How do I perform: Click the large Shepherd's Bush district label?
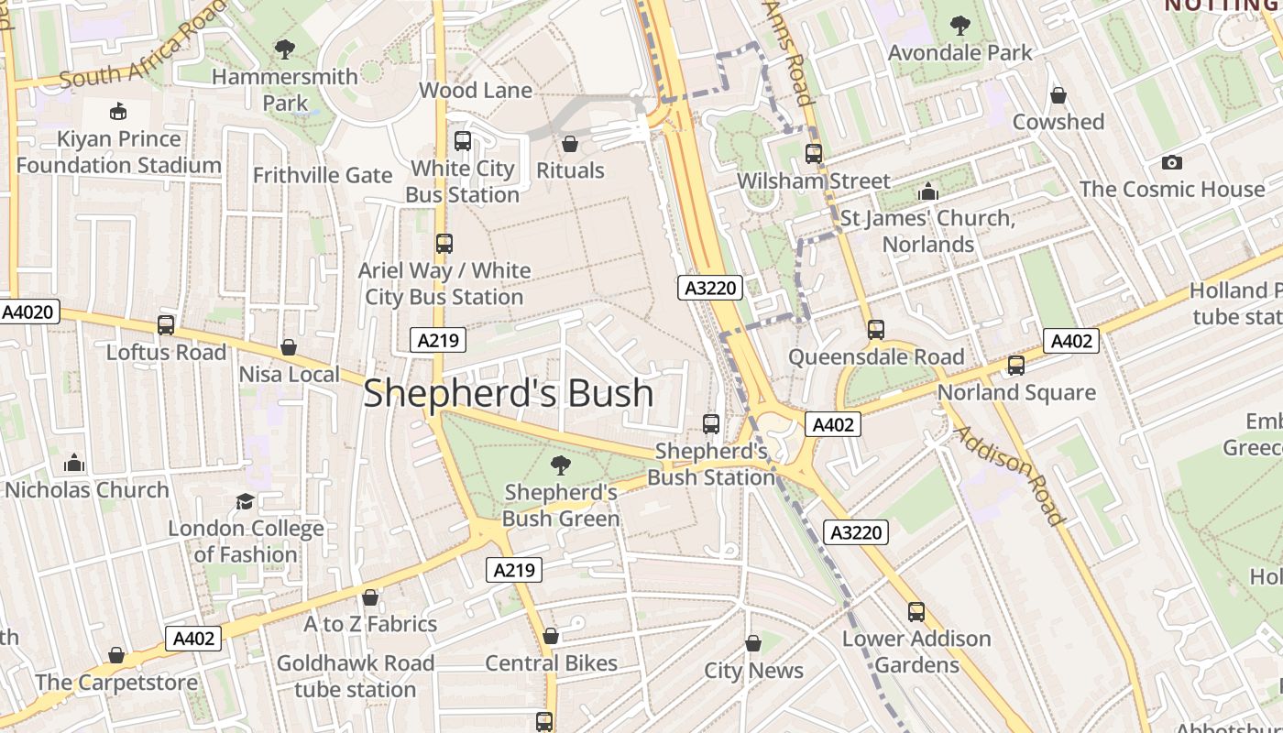coord(509,393)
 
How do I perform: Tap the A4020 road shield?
coord(29,312)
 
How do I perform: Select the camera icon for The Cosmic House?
coord(1171,162)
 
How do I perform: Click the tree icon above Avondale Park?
coord(960,26)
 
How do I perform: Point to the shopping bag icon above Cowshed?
coord(1058,95)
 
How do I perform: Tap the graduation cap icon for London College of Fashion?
coord(245,501)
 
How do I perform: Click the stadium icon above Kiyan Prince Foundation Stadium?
coord(118,112)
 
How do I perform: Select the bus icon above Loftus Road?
coord(166,325)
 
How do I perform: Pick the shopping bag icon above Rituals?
coord(570,144)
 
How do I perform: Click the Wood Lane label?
coord(476,90)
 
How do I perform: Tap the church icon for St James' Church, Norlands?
coord(927,192)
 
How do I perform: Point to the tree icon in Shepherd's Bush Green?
coord(560,465)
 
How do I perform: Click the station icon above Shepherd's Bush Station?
coord(711,424)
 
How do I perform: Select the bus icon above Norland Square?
coord(1015,366)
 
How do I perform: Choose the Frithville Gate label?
coord(323,175)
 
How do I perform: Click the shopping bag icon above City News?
coord(753,643)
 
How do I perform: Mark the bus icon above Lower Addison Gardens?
coord(916,612)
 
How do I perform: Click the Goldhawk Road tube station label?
coord(356,675)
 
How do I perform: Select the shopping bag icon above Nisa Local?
coord(289,347)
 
